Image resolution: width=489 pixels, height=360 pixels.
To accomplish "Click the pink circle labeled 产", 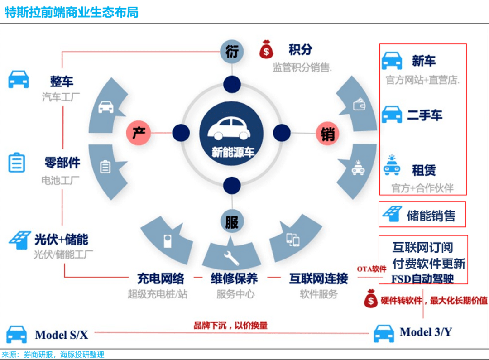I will click(x=138, y=133).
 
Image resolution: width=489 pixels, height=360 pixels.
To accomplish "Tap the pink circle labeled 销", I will click(x=327, y=134).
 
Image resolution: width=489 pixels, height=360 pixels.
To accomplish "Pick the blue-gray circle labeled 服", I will click(x=231, y=222).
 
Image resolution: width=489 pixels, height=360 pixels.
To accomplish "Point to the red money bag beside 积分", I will click(x=266, y=49).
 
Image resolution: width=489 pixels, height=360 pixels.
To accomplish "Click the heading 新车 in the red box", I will click(x=424, y=61).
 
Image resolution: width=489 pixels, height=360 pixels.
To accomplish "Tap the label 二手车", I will click(x=424, y=115).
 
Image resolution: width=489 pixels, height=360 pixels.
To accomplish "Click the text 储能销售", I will click(x=431, y=216).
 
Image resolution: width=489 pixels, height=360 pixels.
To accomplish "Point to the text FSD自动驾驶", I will click(x=422, y=278).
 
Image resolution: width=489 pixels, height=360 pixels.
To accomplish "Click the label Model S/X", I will click(x=61, y=335).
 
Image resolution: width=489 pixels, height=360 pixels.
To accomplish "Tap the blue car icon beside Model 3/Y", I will click(x=384, y=333).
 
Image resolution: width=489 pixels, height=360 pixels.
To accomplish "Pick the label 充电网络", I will click(x=161, y=278).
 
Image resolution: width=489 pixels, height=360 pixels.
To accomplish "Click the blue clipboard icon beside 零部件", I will click(x=17, y=162).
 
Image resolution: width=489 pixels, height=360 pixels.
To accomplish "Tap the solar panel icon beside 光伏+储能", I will click(x=19, y=240).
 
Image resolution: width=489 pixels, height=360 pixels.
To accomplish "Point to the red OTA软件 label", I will click(x=371, y=269).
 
